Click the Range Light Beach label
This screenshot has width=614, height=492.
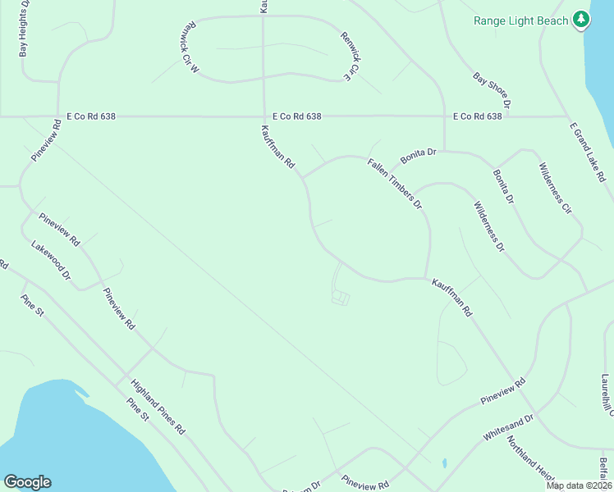point(521,20)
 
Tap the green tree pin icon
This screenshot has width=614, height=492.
point(581,19)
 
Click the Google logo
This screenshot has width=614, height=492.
point(27,482)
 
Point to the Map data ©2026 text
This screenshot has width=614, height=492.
point(578,485)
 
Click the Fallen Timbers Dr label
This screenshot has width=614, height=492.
point(394,183)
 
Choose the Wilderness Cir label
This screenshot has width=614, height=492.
point(554,189)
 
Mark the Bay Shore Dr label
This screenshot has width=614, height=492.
point(492,90)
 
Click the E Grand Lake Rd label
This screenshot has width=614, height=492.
point(587,152)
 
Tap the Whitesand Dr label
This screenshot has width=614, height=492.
point(508,428)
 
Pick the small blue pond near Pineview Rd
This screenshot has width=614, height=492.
point(443,463)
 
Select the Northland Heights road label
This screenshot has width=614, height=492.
point(530,458)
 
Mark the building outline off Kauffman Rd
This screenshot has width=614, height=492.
point(340,298)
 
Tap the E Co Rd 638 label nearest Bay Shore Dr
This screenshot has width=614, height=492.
point(477,116)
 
